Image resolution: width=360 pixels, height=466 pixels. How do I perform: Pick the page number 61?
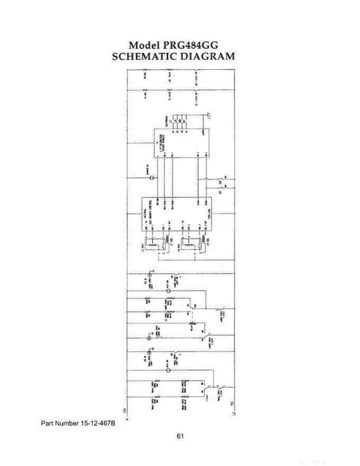pos(180,436)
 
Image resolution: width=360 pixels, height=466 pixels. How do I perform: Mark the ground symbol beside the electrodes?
pos(209,115)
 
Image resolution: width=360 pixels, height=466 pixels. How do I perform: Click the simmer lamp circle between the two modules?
pos(152,178)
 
